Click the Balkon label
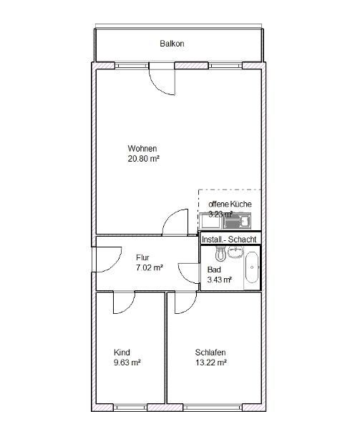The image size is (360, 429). tap(172, 44)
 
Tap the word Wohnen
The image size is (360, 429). tap(142, 149)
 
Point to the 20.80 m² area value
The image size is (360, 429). tap(143, 159)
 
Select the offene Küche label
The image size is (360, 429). tap(230, 204)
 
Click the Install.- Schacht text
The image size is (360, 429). tap(230, 239)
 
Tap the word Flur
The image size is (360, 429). tap(142, 257)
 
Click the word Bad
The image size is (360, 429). tap(213, 270)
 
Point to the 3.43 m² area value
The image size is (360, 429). tap(219, 280)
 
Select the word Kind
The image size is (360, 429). tap(121, 352)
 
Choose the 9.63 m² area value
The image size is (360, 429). tap(127, 363)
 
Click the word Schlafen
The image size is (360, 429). tap(210, 352)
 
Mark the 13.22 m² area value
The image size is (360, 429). tap(210, 363)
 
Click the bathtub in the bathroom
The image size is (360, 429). tap(251, 268)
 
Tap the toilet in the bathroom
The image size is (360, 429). tap(221, 255)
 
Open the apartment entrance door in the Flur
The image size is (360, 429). tap(104, 259)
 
